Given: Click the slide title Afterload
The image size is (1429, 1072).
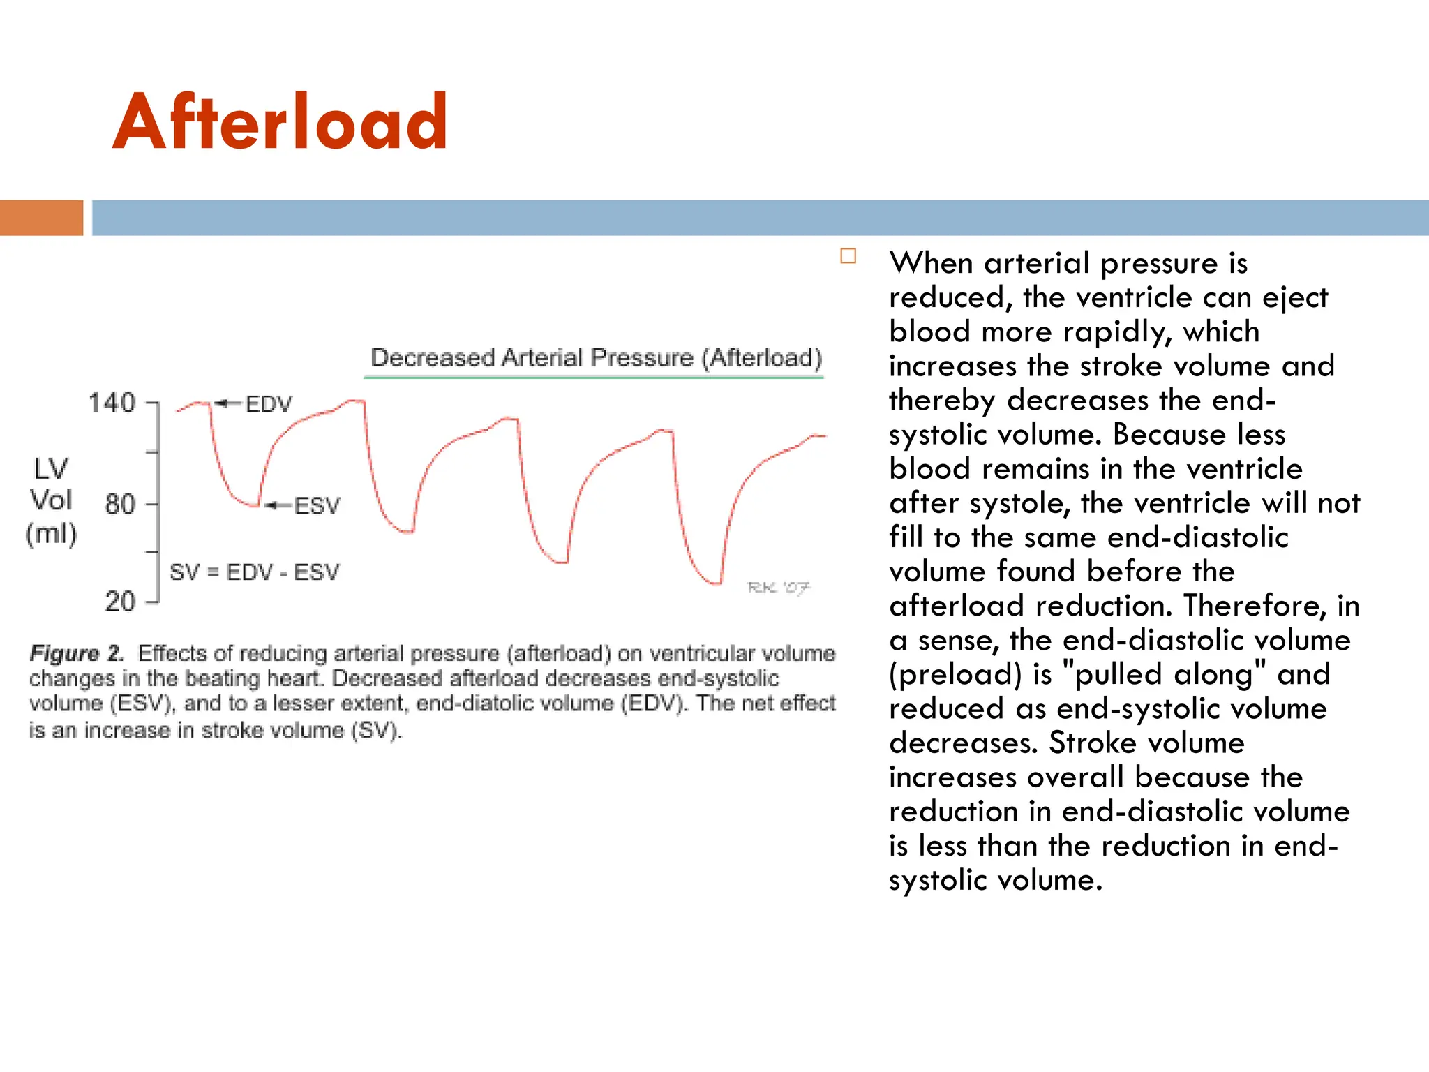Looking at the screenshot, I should pos(280,123).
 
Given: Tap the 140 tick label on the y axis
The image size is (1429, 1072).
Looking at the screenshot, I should pos(112,403).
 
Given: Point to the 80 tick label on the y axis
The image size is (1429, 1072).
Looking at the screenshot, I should pos(119,504).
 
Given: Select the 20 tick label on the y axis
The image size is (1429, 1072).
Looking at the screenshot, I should pos(119,601).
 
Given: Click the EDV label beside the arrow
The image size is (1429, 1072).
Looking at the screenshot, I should pos(269,404).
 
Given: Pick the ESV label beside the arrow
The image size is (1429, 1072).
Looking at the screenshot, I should pos(317,505).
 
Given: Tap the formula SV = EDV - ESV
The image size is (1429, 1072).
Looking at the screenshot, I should pos(255,572).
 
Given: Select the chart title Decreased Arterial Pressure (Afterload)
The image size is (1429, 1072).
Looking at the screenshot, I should pos(596,357).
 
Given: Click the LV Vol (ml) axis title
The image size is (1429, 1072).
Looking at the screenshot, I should pos(51,500).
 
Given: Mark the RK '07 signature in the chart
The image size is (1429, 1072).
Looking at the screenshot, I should pos(778,588).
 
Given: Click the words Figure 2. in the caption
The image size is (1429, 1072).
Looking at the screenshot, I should pos(76,654).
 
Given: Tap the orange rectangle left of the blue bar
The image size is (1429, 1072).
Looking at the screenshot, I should pos(41,218).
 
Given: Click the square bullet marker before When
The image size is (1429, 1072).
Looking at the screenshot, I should pos(848,256).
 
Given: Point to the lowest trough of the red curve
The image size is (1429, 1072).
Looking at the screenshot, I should pos(715,582).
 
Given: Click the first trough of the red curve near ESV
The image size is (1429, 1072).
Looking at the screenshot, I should pos(253,505).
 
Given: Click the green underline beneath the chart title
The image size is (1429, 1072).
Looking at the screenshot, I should pos(593,378).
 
